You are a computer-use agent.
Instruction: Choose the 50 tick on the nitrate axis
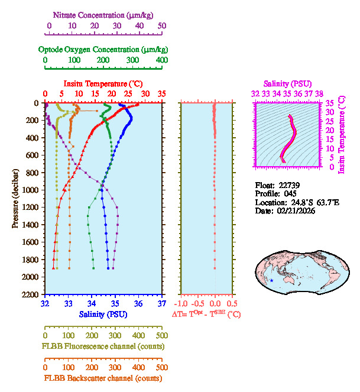tap(162, 26)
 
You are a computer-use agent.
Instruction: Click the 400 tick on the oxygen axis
tap(162, 60)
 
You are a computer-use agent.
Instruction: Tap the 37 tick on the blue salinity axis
tap(162, 304)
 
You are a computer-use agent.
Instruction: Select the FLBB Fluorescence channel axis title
tap(103, 346)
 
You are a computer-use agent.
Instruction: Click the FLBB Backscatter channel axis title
tap(103, 378)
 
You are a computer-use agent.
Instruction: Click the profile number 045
tap(294, 193)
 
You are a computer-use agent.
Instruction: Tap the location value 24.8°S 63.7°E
tap(313, 202)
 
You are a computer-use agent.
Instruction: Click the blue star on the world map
tap(271, 280)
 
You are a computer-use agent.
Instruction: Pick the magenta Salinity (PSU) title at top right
tap(287, 84)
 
